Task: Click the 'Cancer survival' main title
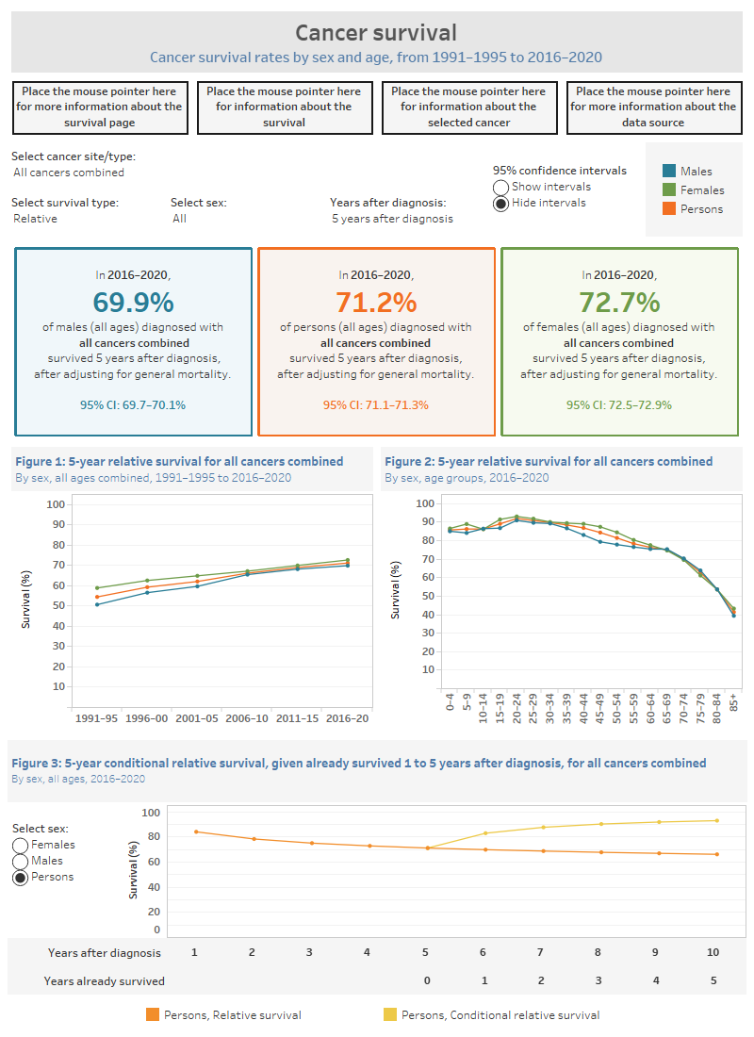[x=376, y=33]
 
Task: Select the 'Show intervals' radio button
[x=501, y=188]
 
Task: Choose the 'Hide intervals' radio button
[x=501, y=204]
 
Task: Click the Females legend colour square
[x=669, y=189]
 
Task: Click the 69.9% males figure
[x=133, y=302]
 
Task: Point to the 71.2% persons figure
[x=376, y=302]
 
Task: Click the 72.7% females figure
[x=619, y=302]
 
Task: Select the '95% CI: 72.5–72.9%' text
[x=619, y=405]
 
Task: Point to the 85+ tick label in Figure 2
[x=734, y=702]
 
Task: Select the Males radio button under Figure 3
[x=20, y=861]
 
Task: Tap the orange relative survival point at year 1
[x=195, y=831]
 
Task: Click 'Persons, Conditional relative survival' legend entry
[x=490, y=1015]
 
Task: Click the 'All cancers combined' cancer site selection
[x=69, y=173]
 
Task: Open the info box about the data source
[x=653, y=107]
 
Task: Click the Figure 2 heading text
[x=549, y=461]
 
